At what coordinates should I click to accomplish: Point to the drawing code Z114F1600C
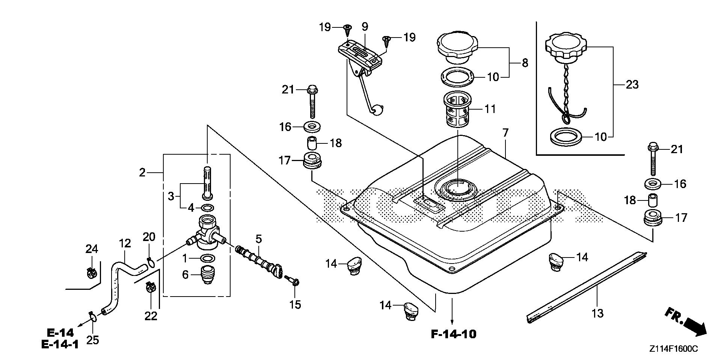click(x=674, y=349)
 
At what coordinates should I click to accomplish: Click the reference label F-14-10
click(x=453, y=334)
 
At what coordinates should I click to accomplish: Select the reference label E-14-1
click(x=60, y=345)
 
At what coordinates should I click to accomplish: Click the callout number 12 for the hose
click(x=125, y=243)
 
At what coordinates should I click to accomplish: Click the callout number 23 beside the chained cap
click(x=632, y=84)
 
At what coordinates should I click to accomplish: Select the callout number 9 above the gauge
click(x=365, y=27)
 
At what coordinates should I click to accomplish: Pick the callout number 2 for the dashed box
click(x=142, y=172)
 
